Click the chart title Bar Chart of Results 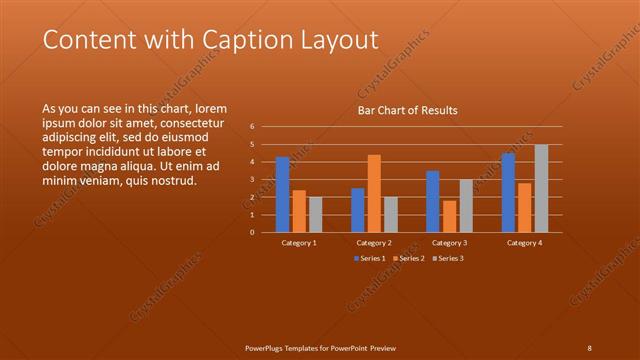[408, 110]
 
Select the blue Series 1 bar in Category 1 [283, 194]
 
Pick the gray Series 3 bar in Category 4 [540, 188]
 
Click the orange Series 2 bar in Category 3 [449, 216]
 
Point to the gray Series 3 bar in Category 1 [316, 214]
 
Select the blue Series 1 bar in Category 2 [358, 210]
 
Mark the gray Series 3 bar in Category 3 [465, 205]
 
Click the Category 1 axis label [299, 243]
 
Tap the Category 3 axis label [449, 243]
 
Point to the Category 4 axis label [524, 243]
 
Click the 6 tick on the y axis [253, 127]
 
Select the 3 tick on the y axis [253, 180]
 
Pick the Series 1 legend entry [369, 259]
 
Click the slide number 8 [590, 347]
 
